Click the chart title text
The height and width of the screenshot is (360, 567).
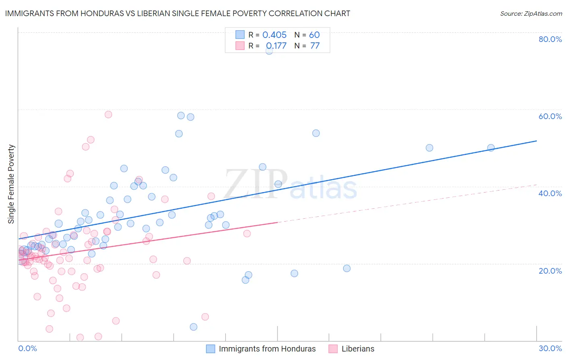(177, 13)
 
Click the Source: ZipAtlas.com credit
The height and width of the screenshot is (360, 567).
(531, 14)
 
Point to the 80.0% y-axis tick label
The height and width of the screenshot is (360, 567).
(550, 39)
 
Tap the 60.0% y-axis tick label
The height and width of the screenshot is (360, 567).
(550, 116)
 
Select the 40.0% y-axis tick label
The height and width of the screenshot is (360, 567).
(550, 193)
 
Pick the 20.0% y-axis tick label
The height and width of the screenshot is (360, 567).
(550, 271)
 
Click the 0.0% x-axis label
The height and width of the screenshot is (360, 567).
(27, 348)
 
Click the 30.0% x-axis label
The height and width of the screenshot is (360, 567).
(550, 348)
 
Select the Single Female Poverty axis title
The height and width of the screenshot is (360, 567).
(11, 184)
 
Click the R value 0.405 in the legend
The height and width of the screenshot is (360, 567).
(274, 35)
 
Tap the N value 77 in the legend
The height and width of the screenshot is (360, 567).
(315, 46)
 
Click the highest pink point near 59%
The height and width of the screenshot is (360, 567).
(108, 115)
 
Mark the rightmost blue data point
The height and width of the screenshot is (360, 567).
(491, 148)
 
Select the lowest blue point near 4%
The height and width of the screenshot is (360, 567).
(194, 327)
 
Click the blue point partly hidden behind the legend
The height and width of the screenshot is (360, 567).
(269, 51)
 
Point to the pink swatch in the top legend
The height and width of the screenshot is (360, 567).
(240, 46)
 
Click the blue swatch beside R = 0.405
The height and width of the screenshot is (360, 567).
(240, 35)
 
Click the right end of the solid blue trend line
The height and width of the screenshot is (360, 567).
(536, 141)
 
